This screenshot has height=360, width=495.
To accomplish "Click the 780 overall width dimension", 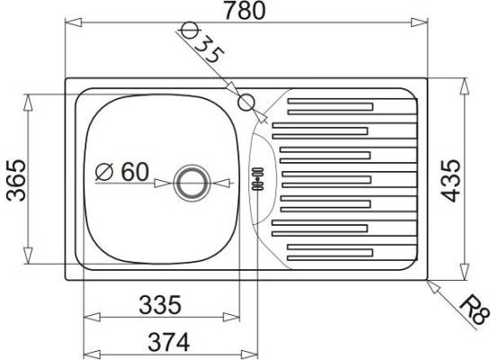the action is click(245, 10).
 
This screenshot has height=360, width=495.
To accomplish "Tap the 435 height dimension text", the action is click(451, 181).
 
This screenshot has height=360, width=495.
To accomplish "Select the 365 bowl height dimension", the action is click(16, 180).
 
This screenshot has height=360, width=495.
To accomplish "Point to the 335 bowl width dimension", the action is click(160, 305).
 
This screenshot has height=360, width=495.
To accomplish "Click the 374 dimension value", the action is click(169, 342).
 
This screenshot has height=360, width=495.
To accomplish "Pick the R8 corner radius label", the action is click(473, 310).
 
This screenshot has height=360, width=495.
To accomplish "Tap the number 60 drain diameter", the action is click(135, 172).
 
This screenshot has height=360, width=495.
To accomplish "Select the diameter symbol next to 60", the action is click(104, 172).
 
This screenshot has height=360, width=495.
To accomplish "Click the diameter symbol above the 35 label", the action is click(191, 30).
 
